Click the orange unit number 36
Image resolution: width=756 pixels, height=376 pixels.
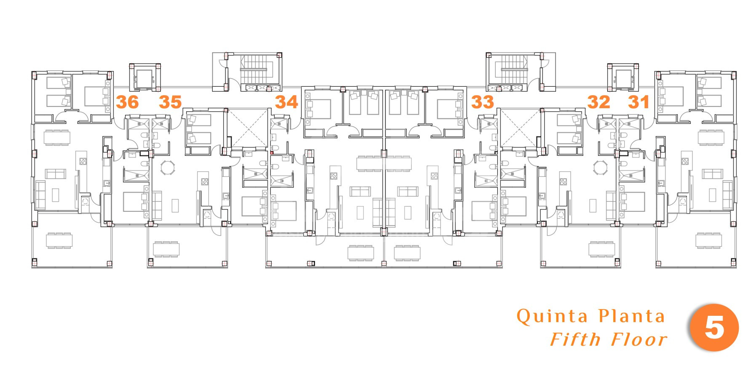127,102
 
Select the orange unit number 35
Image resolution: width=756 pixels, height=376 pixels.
170,102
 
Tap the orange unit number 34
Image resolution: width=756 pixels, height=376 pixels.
287,102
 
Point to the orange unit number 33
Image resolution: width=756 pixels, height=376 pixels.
483,102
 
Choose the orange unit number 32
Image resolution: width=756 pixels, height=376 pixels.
598,102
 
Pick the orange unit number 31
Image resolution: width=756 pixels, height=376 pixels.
638,102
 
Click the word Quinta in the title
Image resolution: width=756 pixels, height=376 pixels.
552,317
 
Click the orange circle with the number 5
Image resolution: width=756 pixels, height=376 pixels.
715,327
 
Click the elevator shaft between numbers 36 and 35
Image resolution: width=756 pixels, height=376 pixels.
145,78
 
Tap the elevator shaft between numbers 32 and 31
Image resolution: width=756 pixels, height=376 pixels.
622,78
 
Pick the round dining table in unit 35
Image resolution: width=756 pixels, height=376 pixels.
168,168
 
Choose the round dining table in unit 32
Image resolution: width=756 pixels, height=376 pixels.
600,168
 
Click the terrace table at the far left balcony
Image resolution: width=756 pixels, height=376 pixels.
59,240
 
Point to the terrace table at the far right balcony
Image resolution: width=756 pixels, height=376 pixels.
708,240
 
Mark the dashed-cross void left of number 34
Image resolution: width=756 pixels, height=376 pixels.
248,128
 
